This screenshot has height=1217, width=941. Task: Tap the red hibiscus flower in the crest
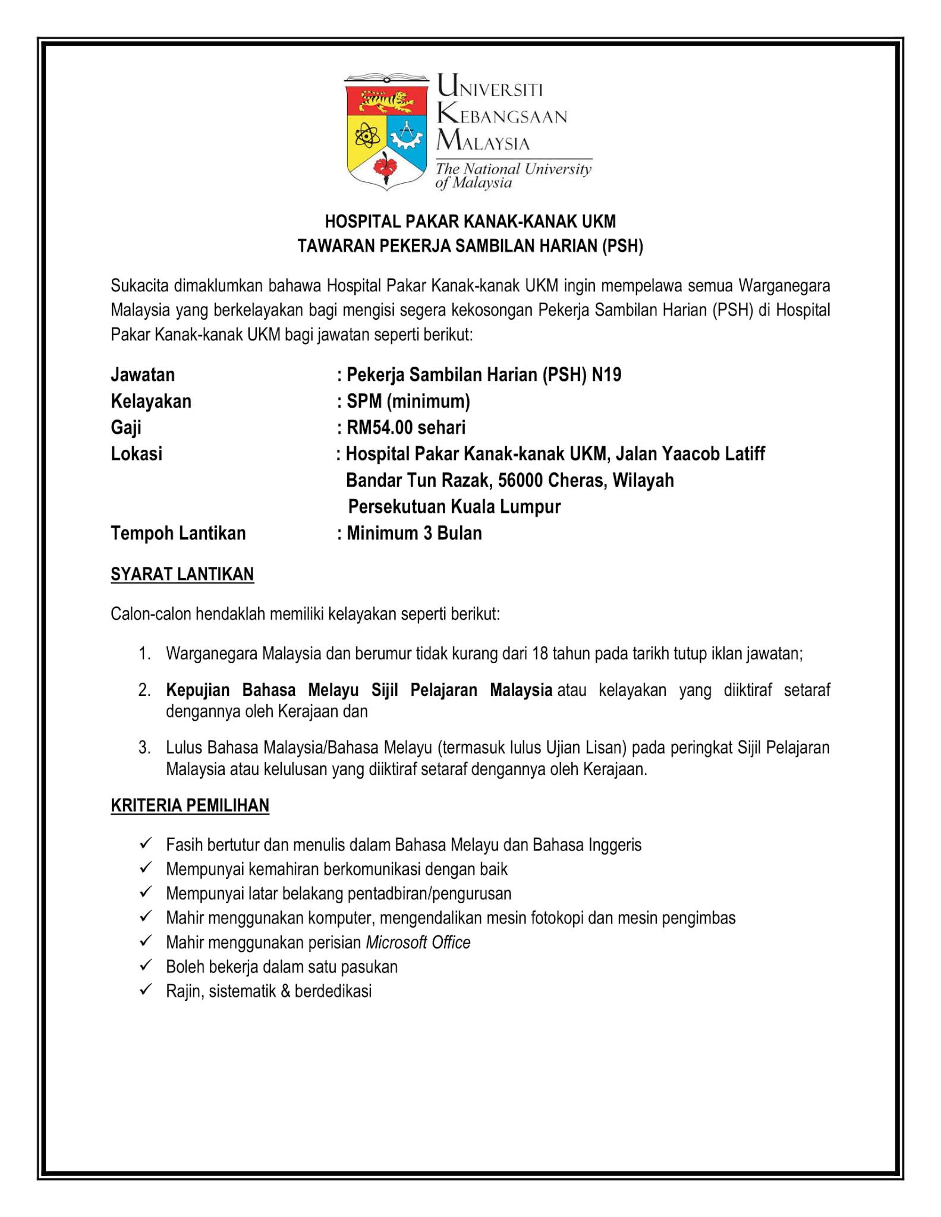(387, 165)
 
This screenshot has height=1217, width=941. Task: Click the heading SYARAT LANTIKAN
(182, 574)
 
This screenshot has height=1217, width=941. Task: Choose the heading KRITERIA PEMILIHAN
(190, 805)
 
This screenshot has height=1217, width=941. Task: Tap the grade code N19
(606, 375)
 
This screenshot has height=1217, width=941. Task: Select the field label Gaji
(126, 428)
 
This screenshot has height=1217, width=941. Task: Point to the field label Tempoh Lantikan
(178, 533)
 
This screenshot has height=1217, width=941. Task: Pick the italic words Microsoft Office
(418, 942)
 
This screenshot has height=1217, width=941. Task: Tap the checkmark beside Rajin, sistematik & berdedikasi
(146, 990)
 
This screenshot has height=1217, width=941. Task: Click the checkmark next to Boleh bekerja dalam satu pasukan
(146, 966)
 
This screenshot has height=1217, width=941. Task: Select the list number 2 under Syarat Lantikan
(144, 690)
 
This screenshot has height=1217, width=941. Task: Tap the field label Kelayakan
(151, 401)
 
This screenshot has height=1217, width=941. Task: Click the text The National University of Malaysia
(513, 175)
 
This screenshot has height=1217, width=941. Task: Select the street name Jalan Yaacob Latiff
(690, 454)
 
